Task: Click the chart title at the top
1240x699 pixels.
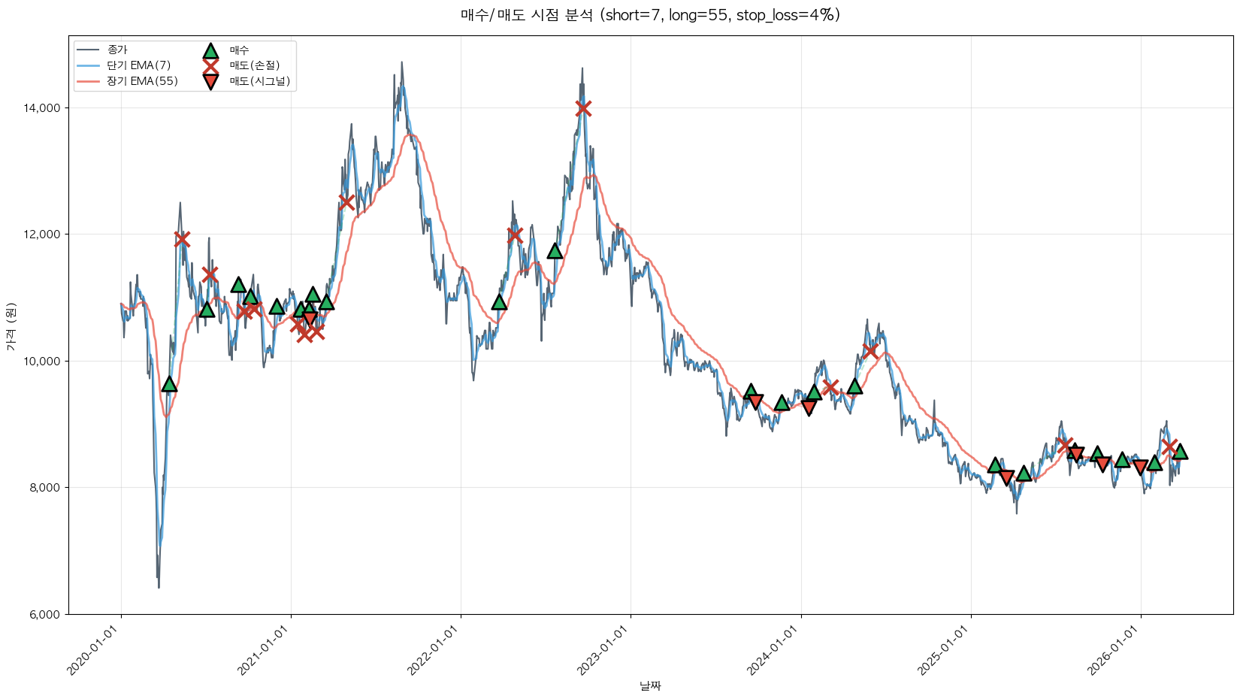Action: tap(650, 15)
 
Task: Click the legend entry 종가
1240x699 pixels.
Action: tap(117, 50)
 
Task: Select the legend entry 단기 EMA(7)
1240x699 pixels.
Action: tap(138, 65)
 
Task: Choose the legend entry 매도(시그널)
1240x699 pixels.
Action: tap(259, 81)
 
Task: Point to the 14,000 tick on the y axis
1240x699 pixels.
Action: tap(42, 108)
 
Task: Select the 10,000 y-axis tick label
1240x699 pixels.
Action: tap(42, 361)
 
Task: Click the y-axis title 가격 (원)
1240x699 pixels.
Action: tap(11, 326)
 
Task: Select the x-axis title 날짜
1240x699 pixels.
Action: tap(650, 685)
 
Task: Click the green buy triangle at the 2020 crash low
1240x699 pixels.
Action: tap(169, 384)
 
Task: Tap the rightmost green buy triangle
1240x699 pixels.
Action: tap(1180, 451)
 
